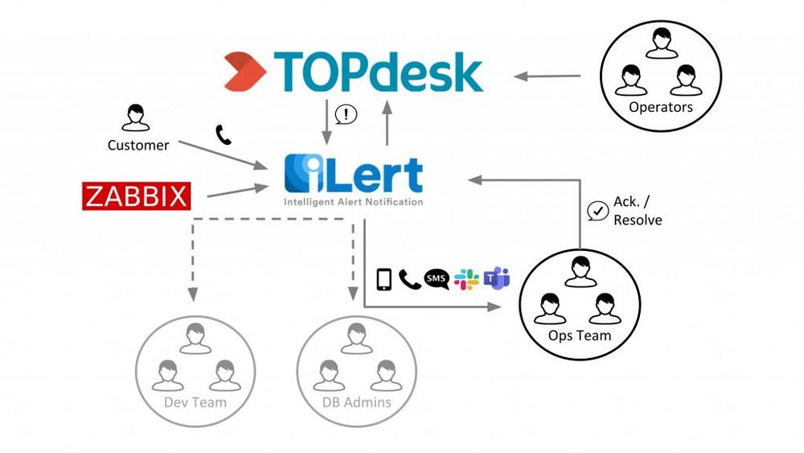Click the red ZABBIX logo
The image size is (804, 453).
(137, 196)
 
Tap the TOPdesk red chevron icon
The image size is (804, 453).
(245, 72)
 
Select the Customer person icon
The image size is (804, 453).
(136, 117)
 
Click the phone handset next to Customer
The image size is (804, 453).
(223, 135)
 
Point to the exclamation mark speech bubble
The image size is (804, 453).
(346, 115)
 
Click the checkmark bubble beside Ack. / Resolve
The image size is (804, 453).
(597, 211)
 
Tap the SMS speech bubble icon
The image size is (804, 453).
(437, 279)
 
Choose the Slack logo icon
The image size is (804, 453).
(466, 279)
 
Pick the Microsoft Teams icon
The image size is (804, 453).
(496, 278)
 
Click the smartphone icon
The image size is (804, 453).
(384, 279)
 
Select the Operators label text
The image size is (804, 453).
(660, 107)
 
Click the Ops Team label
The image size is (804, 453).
(580, 336)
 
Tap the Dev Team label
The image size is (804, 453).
(195, 402)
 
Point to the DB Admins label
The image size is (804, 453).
(356, 402)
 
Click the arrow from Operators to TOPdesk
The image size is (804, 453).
(547, 76)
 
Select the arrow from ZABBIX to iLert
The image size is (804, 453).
(237, 191)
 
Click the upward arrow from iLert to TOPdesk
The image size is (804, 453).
(388, 122)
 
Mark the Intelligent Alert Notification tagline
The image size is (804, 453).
(353, 202)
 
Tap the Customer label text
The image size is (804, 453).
(138, 145)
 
